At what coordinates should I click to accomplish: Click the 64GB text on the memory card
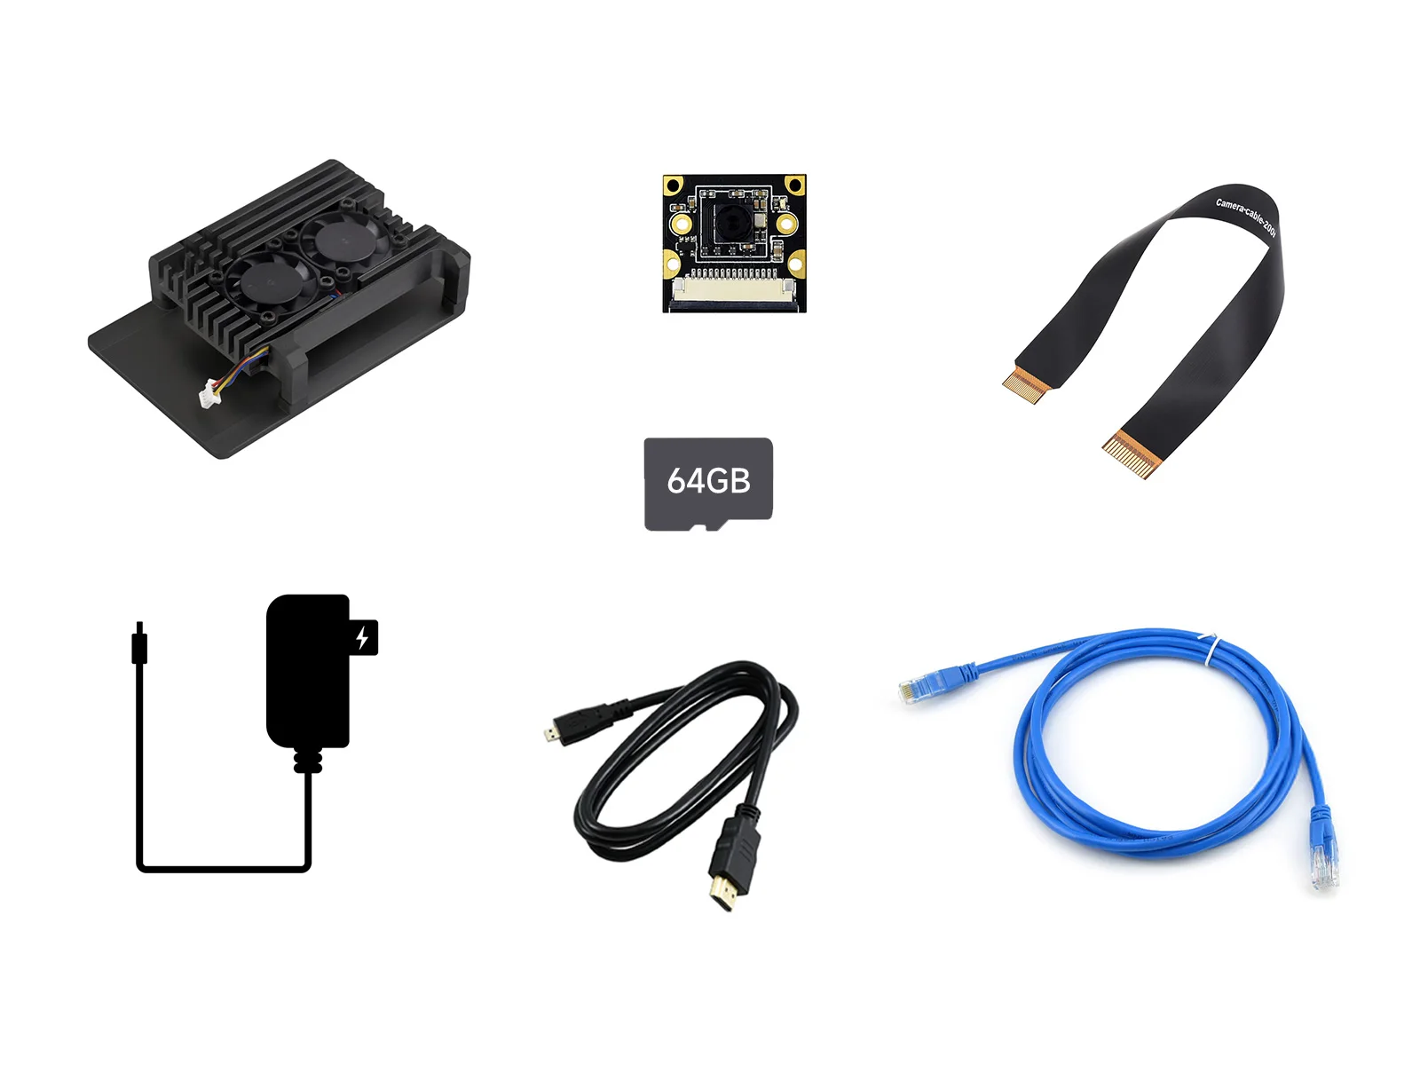708,481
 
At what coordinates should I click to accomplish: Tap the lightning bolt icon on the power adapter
363,637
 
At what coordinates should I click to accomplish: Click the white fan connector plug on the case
210,391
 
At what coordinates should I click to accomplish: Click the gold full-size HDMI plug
725,892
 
